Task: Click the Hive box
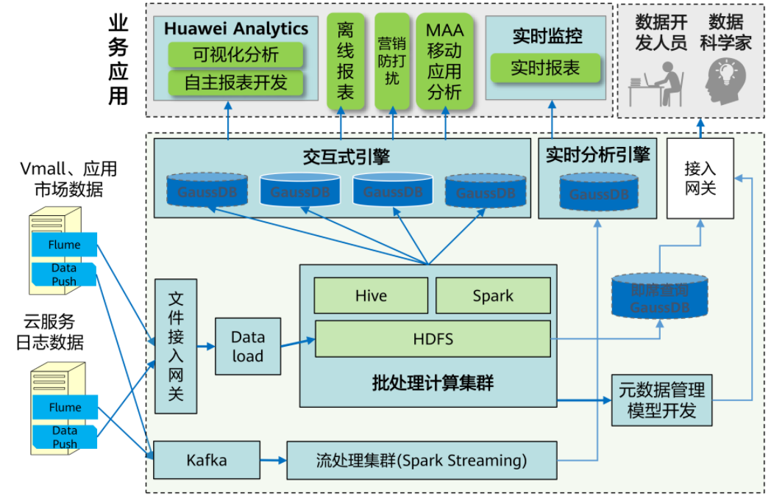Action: (x=371, y=296)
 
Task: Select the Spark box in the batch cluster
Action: (x=493, y=296)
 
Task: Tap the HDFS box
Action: (x=433, y=339)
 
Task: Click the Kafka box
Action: (x=206, y=461)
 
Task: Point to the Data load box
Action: (x=247, y=346)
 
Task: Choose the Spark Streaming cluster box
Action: (x=422, y=461)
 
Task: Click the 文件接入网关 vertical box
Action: (x=176, y=347)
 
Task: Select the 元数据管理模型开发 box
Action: (x=661, y=400)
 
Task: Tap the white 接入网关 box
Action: (x=700, y=179)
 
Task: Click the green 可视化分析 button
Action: (x=235, y=54)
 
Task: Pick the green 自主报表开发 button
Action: (x=235, y=82)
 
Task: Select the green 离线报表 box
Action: (x=346, y=61)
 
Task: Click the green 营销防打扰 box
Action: (x=392, y=61)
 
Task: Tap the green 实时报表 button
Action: (x=545, y=68)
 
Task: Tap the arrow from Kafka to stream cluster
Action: (x=273, y=461)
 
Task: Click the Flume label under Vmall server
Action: (x=65, y=245)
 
